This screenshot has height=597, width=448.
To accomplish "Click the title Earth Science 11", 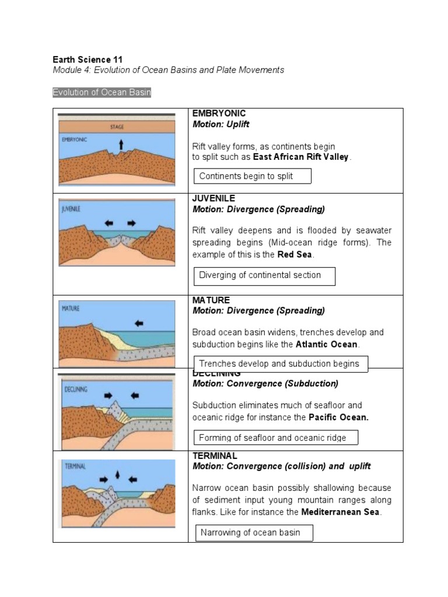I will pos(87,59).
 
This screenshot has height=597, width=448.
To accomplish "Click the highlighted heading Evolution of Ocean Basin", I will pos(101,93).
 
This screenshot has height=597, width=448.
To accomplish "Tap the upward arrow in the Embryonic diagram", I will pos(121,145).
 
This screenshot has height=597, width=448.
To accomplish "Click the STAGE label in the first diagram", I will pos(117,127).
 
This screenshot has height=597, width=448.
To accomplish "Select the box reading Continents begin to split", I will pos(252,176).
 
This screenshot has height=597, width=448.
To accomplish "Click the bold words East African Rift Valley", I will pos(300,157).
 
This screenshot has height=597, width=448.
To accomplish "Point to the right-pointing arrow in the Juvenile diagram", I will pos(131,223).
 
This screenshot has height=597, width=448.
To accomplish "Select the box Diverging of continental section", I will pos(264,276).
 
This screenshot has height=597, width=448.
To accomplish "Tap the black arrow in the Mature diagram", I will pos(139,322).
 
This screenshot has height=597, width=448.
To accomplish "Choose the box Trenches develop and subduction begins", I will pos(281,364).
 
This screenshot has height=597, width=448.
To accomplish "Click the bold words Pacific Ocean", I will pos(338,417).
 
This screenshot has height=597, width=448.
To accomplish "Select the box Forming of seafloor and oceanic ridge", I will pos(275,438).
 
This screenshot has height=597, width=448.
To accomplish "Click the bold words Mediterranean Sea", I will pos(341,512).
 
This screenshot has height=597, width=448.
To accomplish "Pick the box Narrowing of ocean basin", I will pos(254,532).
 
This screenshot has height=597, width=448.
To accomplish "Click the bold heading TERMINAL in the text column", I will pos(215,455).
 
